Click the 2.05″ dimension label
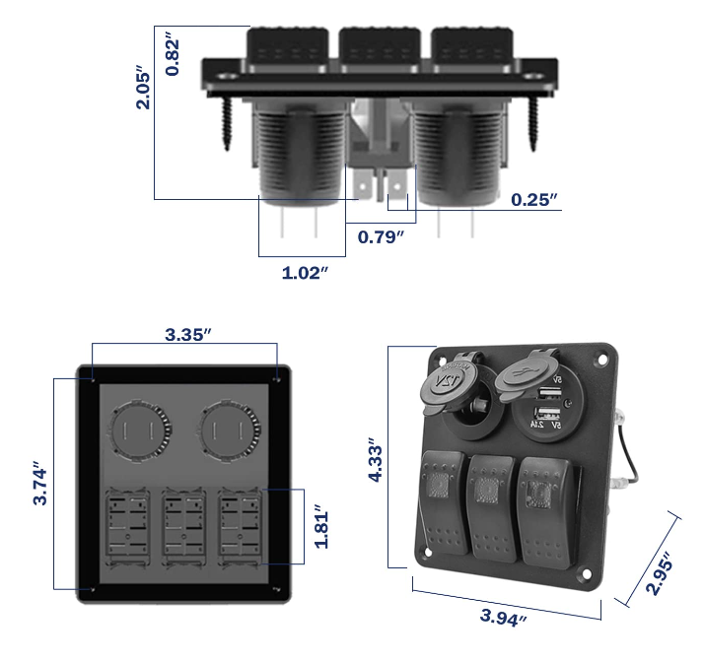[x=143, y=89]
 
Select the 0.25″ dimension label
[x=534, y=200]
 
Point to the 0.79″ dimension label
[x=381, y=236]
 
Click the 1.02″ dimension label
[x=305, y=273]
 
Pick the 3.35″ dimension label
[x=187, y=335]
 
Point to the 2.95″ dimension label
[x=659, y=573]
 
